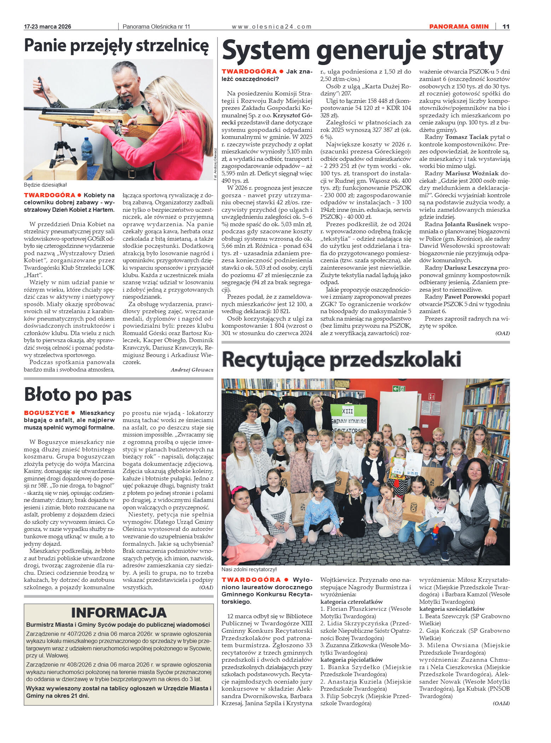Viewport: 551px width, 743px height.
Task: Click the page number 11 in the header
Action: pyautogui.click(x=506, y=27)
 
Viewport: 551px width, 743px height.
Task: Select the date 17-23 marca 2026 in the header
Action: pyautogui.click(x=47, y=27)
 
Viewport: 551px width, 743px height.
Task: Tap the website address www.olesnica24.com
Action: pyautogui.click(x=272, y=27)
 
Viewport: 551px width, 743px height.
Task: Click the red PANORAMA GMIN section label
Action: pyautogui.click(x=459, y=27)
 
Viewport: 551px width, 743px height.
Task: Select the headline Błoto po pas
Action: pyautogui.click(x=78, y=394)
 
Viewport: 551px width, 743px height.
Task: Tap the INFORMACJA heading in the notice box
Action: pyautogui.click(x=118, y=612)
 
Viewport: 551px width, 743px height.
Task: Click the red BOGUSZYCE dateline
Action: pyautogui.click(x=46, y=413)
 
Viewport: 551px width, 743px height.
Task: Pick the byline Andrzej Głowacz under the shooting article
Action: pyautogui.click(x=192, y=370)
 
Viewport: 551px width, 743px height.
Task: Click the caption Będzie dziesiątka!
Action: pyautogui.click(x=45, y=185)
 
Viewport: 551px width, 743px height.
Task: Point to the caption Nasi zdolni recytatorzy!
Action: pyautogui.click(x=249, y=569)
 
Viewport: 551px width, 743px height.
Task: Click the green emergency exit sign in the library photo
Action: pyautogui.click(x=399, y=388)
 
